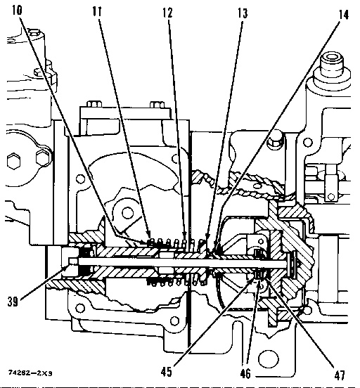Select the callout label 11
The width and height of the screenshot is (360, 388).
click(x=99, y=13)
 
